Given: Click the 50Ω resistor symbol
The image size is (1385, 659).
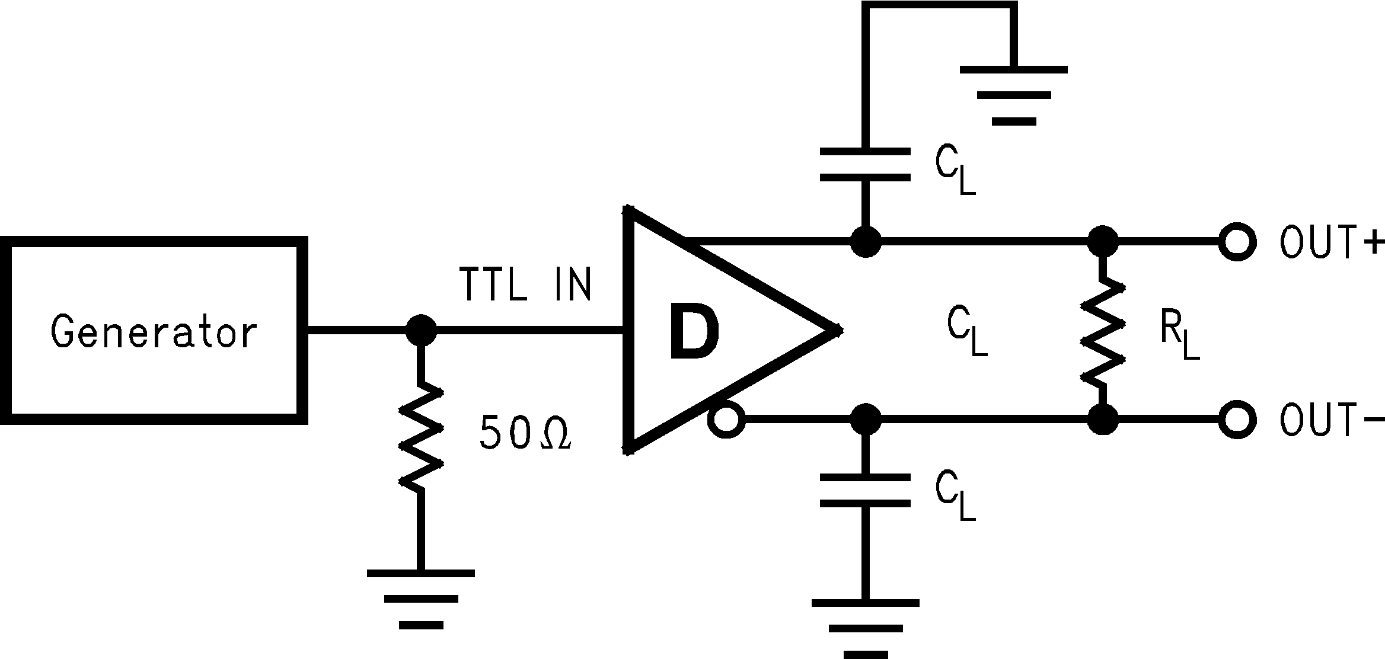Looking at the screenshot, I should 421,436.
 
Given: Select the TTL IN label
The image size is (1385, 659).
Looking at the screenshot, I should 525,285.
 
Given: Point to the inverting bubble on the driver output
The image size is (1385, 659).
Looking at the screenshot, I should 726,420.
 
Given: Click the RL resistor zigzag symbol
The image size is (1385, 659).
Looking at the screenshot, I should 1103,332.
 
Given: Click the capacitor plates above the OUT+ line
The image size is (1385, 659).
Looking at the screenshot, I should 865,165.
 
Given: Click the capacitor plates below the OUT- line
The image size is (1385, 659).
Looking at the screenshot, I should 865,490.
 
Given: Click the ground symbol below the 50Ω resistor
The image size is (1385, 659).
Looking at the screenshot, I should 421,599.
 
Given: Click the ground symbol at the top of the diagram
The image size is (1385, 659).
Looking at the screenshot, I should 1014,95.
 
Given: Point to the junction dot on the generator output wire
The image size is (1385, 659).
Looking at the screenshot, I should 421,330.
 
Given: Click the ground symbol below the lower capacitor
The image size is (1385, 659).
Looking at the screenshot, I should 865,628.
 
